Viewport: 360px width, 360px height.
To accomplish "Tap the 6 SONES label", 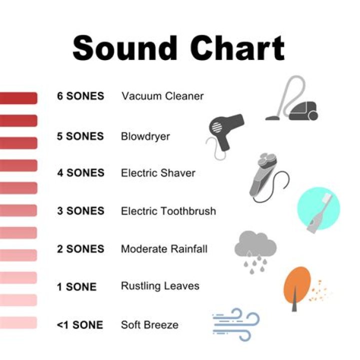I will pos(80,96).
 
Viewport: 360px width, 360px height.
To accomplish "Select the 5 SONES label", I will pos(80,136).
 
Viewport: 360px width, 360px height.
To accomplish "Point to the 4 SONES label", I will pos(80,173).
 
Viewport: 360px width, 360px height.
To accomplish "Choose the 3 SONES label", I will pos(80,211).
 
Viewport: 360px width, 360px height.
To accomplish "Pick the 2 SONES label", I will pos(80,249).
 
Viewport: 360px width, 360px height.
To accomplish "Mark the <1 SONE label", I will pos(80,325).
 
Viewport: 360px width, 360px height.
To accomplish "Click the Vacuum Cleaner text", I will pos(162,96).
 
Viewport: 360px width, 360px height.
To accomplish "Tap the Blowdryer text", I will pos(145,136).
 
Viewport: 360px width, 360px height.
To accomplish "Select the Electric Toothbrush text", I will pos(168,211).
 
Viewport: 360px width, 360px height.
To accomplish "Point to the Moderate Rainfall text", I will pos(164,249).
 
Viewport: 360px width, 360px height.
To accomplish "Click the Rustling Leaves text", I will pos(160,286).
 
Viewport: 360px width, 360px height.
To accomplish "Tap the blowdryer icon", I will pos(225,132).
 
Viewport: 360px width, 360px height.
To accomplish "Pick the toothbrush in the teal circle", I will pos(318,210).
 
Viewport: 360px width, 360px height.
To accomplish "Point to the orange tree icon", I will pos(297,285).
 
